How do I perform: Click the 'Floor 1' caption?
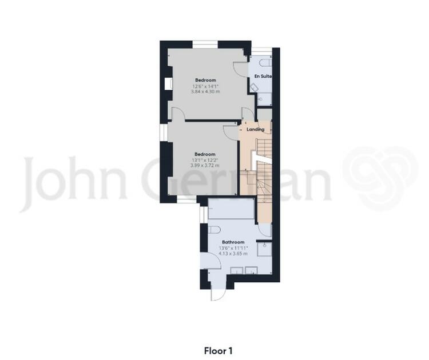coord(218,351)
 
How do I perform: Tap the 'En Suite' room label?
coord(263,76)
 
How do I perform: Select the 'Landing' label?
coord(256,130)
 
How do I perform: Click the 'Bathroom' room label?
coord(233,242)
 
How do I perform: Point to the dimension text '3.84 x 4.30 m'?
coord(205,91)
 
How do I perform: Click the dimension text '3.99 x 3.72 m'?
coord(205,165)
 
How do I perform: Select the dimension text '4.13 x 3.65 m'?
coord(233,254)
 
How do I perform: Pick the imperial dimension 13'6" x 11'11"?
coord(233,248)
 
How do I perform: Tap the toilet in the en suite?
coord(265,62)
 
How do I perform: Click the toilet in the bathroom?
coord(214,230)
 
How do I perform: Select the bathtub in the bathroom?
coord(231,209)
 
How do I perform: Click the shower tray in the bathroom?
coord(264,249)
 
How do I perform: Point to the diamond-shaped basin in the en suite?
coord(255,88)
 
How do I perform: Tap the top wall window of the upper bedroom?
coord(205,45)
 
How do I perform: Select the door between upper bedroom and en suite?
coord(240,69)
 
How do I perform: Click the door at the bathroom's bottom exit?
coord(218,295)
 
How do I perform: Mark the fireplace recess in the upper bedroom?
coord(168,83)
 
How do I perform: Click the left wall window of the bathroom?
coord(204,215)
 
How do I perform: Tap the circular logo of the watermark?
coord(380,178)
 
